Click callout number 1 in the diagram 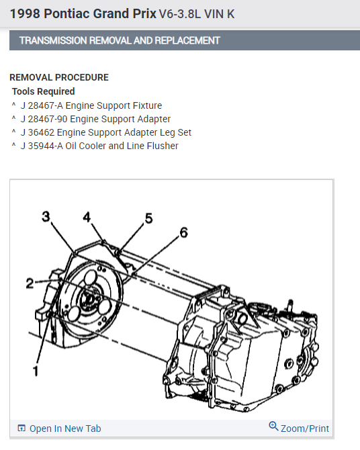(x=36, y=371)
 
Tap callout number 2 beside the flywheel (x=30, y=283)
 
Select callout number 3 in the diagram (x=46, y=216)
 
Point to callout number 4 (x=87, y=217)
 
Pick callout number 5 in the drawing (x=148, y=218)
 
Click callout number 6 (x=184, y=232)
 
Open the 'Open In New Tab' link (x=65, y=429)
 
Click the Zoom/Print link (x=305, y=429)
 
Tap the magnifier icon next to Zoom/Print (x=273, y=426)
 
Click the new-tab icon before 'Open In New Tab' (x=21, y=429)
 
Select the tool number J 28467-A (x=42, y=105)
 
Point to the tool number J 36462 (x=38, y=132)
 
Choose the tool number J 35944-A (x=42, y=146)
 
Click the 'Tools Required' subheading (x=44, y=91)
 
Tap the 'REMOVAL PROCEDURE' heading (x=59, y=77)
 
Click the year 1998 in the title (x=25, y=14)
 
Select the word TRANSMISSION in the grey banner (x=53, y=40)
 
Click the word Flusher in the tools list (x=163, y=146)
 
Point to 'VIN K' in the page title (x=220, y=14)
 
